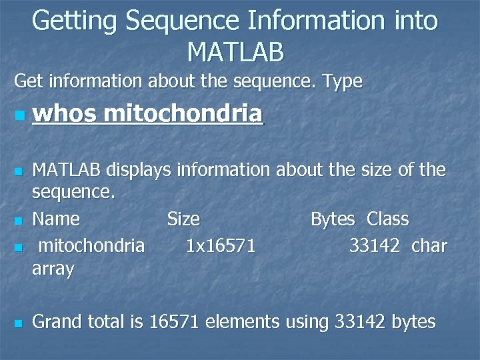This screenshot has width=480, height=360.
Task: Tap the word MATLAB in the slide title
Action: pos(236,51)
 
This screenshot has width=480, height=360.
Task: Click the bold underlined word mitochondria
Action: pos(183,115)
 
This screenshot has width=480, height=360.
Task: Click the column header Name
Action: pos(56,219)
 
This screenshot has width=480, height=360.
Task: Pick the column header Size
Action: pos(183,219)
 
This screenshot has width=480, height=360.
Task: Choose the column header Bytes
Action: pos(333,219)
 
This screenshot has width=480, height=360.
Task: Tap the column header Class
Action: pos(388,219)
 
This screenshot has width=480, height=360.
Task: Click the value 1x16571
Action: pos(221,246)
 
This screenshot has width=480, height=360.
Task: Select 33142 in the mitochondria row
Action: pos(374,246)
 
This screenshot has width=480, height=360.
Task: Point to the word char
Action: pos(429,246)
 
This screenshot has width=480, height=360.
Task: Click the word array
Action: pos(53,270)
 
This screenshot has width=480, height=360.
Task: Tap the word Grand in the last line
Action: pos(55,322)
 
